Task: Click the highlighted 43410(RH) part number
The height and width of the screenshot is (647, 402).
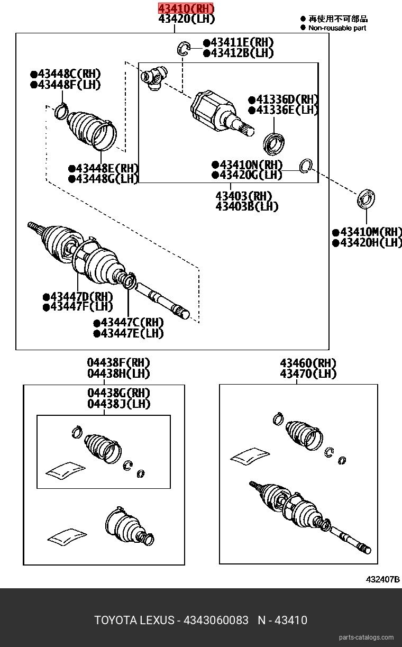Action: (x=186, y=8)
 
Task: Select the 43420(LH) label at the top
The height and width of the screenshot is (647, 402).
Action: (x=186, y=20)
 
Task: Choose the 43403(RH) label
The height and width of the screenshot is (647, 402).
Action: (x=244, y=195)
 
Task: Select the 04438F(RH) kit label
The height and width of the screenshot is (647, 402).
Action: (x=118, y=363)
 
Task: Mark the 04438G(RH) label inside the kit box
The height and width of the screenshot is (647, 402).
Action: (x=118, y=393)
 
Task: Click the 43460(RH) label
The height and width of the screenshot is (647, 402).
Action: (x=308, y=363)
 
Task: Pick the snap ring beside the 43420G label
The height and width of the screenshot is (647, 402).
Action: (x=306, y=166)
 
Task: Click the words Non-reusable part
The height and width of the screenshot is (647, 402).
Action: (x=337, y=28)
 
